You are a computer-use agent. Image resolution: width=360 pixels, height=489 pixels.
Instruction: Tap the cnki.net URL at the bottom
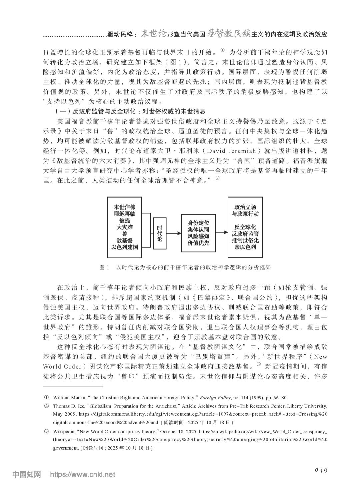tap(82, 474)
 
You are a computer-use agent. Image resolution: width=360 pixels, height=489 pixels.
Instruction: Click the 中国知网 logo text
tap(26, 474)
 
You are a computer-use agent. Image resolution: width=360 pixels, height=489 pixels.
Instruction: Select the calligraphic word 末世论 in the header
tap(154, 34)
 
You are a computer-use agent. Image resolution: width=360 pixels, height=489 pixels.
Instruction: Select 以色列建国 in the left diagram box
tap(124, 247)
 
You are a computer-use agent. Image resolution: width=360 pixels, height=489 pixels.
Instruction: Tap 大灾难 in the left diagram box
tap(124, 227)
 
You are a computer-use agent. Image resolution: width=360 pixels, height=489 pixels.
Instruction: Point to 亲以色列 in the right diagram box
tap(245, 247)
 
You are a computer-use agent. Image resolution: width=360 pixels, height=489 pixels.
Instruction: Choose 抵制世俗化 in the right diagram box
tap(245, 240)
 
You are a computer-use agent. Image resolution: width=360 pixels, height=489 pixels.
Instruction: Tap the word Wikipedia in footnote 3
tap(65, 431)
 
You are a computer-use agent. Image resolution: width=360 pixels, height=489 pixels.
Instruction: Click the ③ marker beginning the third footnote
tap(47, 431)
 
